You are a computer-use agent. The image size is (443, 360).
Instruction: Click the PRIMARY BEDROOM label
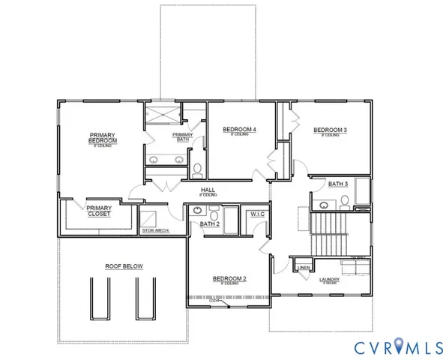[102, 138]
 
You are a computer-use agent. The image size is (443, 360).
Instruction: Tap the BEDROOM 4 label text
[240, 130]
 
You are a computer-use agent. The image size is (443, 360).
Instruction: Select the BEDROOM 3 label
[330, 130]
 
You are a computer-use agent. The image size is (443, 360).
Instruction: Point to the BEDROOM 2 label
[230, 279]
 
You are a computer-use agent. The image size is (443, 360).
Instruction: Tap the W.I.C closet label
[256, 214]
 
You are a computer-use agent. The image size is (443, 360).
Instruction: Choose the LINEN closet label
[304, 268]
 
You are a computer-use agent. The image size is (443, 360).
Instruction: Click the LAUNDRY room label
[329, 280]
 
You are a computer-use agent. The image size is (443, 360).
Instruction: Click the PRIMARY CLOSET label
[99, 211]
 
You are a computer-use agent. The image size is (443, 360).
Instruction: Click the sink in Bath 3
[324, 204]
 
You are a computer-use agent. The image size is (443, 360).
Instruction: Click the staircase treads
[329, 233]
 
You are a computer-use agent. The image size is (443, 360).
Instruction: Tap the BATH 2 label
[209, 223]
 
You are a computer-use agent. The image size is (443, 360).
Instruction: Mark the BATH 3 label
[338, 183]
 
